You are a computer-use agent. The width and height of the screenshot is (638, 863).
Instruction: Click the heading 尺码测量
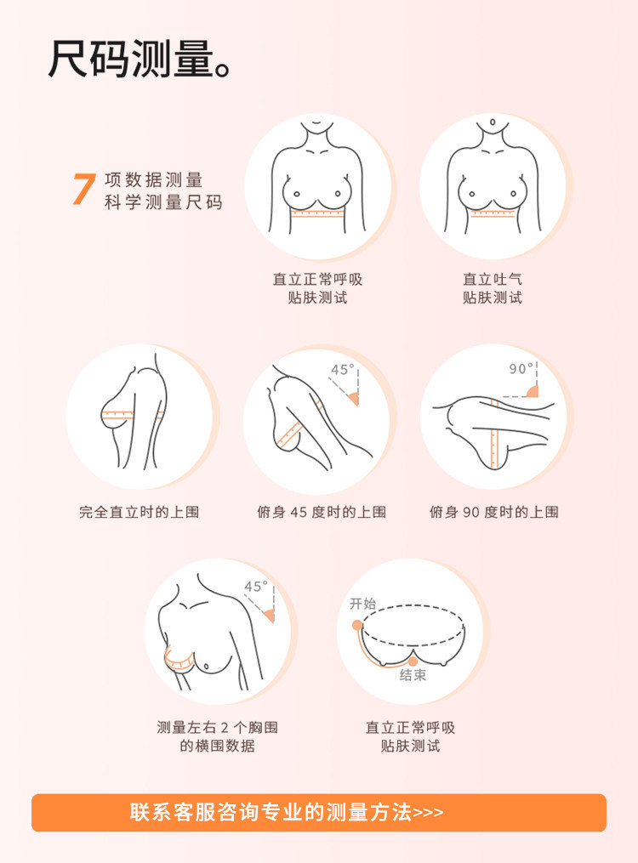tap(130, 59)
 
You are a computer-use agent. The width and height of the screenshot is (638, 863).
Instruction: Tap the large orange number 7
tap(84, 189)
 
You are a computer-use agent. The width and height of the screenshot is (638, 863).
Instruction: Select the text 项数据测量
tap(154, 180)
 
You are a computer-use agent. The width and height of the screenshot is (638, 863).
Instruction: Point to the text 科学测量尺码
tap(164, 202)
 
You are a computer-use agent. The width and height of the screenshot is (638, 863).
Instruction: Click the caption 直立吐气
tap(493, 279)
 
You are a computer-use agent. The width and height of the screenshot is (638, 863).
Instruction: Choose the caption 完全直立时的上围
tap(140, 512)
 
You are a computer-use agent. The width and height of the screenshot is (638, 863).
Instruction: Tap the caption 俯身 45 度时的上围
tap(322, 512)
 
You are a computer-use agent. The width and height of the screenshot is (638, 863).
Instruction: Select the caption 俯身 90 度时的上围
tap(494, 512)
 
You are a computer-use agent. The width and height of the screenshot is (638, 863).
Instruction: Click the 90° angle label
tap(521, 369)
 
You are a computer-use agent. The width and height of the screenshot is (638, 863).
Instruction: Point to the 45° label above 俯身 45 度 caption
tap(343, 370)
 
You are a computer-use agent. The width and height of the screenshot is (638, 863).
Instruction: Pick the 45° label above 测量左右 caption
tap(256, 586)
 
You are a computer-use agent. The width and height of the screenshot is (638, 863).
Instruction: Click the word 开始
tap(362, 604)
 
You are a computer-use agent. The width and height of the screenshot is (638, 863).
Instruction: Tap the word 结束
tap(413, 675)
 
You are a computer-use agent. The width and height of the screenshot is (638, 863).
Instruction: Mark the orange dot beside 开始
tap(357, 625)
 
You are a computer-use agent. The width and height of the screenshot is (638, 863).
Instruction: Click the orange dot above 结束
tap(413, 661)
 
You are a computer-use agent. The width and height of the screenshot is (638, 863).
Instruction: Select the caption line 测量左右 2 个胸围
tap(218, 727)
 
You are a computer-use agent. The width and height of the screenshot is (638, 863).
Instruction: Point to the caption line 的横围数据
tap(218, 746)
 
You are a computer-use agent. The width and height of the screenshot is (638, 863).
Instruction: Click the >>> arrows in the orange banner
tap(428, 813)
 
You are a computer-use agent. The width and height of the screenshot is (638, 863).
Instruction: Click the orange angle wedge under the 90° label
tap(533, 391)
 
